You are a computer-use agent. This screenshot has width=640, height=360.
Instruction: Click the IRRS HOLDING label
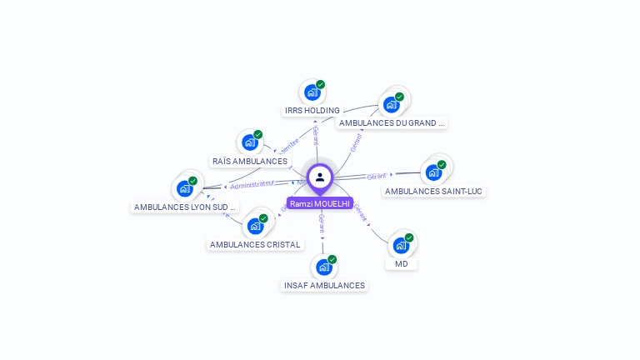click(312, 110)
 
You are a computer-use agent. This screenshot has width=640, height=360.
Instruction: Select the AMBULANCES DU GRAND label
click(391, 122)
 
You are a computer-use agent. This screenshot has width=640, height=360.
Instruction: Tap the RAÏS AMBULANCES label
click(250, 161)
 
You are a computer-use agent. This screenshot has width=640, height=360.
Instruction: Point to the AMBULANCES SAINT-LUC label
click(433, 191)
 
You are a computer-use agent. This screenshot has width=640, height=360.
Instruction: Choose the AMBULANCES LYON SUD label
click(185, 207)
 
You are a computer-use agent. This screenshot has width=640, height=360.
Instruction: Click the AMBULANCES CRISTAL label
click(255, 244)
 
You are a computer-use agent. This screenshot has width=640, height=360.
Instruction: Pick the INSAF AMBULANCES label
click(324, 285)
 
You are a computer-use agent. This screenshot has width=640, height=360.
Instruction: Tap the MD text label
click(402, 263)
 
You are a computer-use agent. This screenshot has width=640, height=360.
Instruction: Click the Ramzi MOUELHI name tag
click(320, 203)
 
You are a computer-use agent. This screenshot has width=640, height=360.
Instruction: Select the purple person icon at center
click(320, 177)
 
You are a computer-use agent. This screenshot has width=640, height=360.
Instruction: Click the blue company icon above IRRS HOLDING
click(312, 92)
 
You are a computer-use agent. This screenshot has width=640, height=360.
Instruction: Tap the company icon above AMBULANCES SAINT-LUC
click(433, 172)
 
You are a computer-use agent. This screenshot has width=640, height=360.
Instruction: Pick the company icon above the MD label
click(401, 245)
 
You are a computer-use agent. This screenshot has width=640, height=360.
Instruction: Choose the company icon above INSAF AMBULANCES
click(323, 267)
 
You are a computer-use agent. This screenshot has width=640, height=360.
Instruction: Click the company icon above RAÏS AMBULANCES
click(249, 142)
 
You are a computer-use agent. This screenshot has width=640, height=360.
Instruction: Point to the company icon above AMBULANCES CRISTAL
click(255, 225)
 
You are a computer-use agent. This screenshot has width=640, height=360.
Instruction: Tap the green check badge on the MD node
click(409, 237)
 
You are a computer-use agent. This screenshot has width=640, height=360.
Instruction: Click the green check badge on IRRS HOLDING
click(320, 84)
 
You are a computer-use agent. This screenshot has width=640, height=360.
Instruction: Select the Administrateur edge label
click(252, 183)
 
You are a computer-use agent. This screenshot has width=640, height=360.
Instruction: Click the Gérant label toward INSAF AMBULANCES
click(322, 222)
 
